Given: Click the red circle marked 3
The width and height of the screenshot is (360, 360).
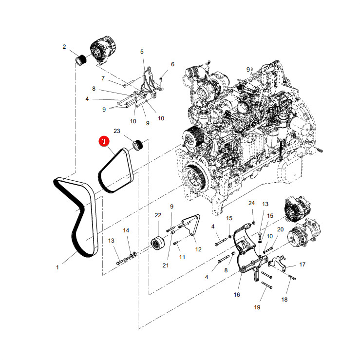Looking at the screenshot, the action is tap(104, 141).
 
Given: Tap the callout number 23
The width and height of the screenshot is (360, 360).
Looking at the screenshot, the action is tap(117, 131).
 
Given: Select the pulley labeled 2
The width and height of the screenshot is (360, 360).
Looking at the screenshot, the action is tap(81, 60).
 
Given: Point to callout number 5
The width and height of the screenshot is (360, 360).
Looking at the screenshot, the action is tap(142, 52).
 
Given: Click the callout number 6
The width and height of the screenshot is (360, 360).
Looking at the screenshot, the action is tap(172, 64).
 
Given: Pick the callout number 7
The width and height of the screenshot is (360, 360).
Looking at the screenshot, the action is tap(103, 78).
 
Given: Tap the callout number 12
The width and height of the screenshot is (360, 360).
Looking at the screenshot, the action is tap(198, 249).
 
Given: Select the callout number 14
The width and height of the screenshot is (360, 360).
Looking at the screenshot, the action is tap(126, 230).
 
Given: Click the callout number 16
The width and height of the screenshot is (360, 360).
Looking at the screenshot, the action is tap(237, 295).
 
